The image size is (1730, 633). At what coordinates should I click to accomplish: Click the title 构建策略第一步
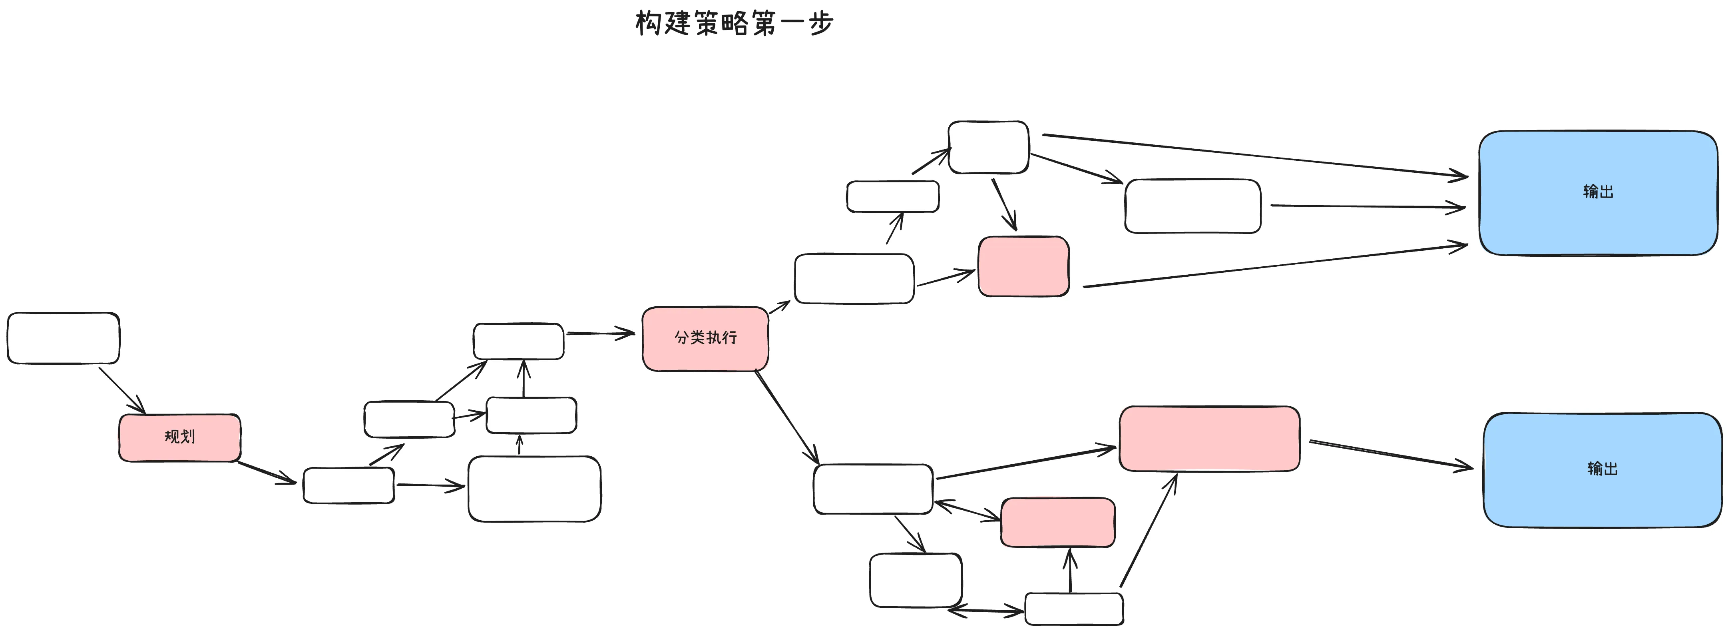[734, 24]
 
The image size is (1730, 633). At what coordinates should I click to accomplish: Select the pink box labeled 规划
[180, 437]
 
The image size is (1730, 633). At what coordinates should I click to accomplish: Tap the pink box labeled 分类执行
[705, 338]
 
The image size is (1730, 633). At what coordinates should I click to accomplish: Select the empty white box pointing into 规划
[63, 338]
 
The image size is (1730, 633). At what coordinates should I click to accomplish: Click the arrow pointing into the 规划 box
[122, 390]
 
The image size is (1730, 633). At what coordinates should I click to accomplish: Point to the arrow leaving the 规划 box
[267, 472]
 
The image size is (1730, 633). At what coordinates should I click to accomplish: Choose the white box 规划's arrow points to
[348, 485]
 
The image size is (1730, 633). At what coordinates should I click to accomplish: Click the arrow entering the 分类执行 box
[600, 333]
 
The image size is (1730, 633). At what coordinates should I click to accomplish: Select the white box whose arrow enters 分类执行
[518, 341]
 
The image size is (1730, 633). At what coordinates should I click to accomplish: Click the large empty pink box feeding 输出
[1209, 438]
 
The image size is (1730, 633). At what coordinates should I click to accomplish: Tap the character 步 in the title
[821, 24]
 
